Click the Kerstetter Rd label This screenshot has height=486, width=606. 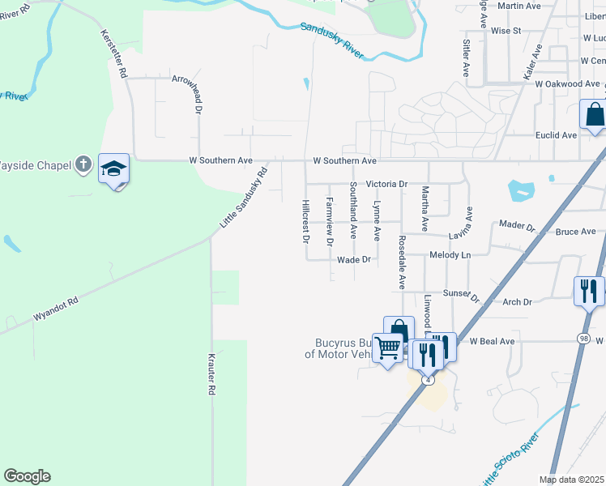point(113,54)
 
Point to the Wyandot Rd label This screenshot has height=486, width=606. point(56,309)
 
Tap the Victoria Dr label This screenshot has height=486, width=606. point(386,184)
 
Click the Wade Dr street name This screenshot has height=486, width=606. point(353,260)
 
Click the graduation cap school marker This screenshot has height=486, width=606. point(113,169)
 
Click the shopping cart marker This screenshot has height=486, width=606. point(388,348)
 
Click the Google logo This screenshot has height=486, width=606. point(27,476)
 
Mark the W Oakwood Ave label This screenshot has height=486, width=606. point(567,83)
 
